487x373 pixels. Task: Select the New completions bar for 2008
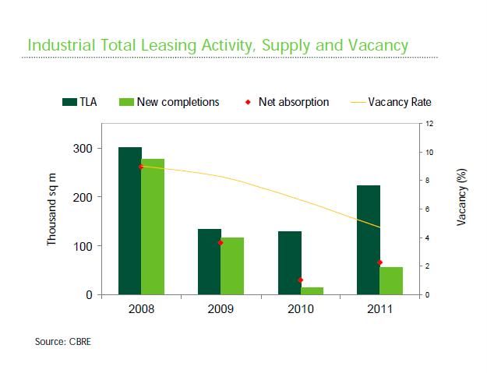(x=153, y=227)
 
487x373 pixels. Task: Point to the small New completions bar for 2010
(x=312, y=290)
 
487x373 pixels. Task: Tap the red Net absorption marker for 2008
(x=141, y=167)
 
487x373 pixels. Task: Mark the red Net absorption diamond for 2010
(x=301, y=280)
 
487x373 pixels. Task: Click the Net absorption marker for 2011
(x=380, y=262)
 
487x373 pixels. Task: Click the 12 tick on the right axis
(x=429, y=124)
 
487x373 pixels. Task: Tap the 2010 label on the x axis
(x=300, y=309)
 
